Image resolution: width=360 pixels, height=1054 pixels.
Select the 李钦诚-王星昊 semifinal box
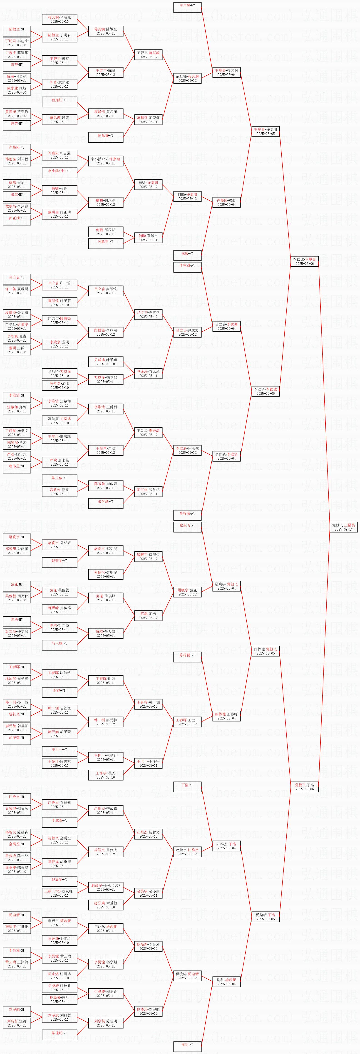[x=304, y=261]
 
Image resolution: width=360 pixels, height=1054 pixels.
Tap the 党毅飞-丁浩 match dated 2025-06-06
[x=304, y=787]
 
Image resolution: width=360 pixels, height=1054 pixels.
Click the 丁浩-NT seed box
[x=187, y=785]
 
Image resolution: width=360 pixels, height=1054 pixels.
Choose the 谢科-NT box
[x=187, y=1045]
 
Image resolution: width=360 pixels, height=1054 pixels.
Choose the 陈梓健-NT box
[x=187, y=655]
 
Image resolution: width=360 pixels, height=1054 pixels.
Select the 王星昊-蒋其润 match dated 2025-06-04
[x=226, y=72]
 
